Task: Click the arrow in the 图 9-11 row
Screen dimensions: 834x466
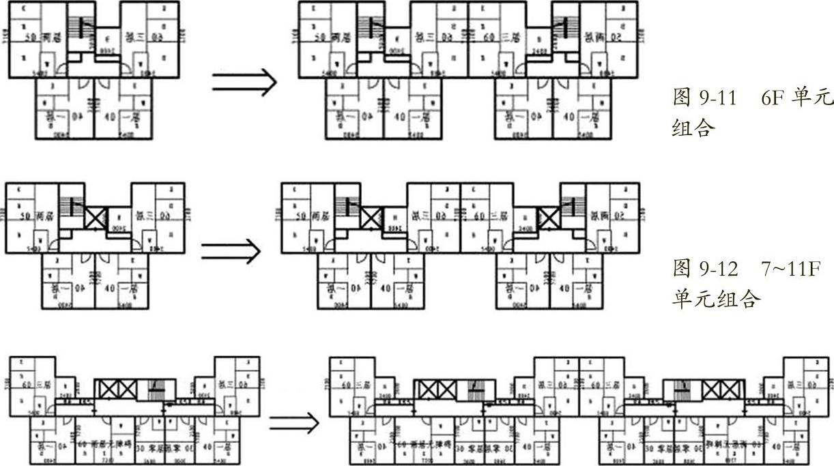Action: tap(244, 83)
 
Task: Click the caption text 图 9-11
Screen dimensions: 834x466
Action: tap(704, 98)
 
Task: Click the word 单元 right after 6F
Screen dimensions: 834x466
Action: tap(812, 98)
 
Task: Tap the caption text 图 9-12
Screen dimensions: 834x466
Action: tap(705, 269)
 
